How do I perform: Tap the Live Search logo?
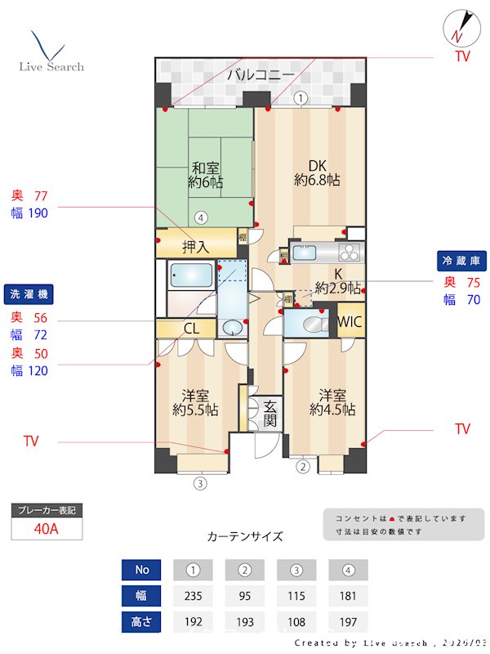[51, 53]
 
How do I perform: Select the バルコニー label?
[261, 75]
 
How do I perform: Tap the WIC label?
[350, 320]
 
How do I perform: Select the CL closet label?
[191, 329]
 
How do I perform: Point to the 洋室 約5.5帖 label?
[195, 401]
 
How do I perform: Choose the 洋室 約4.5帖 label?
[332, 401]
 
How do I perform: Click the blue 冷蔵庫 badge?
[462, 261]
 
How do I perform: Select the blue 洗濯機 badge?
[28, 293]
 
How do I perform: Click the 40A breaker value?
[47, 528]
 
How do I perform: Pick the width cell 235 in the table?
[193, 595]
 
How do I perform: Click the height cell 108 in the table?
[296, 621]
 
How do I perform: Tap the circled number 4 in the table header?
[348, 569]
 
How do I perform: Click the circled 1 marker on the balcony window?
[301, 98]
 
